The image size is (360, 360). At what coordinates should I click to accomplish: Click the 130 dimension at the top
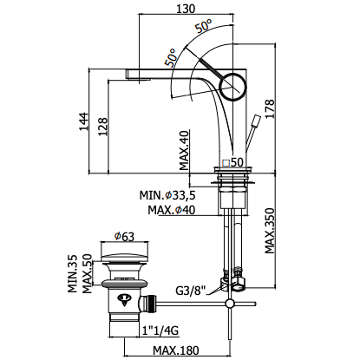click(x=185, y=9)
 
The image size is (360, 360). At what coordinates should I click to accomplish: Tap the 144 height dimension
click(x=84, y=121)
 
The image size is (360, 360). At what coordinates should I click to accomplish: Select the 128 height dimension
click(x=103, y=127)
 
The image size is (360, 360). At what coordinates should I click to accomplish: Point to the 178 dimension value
click(x=270, y=108)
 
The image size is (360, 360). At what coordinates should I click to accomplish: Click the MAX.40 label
click(x=184, y=150)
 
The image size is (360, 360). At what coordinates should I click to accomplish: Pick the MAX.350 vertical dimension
click(x=270, y=231)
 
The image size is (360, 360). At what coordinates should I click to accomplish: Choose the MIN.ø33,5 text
click(x=167, y=195)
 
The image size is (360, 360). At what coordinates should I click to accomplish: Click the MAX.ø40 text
click(x=172, y=210)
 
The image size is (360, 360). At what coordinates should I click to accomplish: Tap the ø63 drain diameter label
click(x=124, y=237)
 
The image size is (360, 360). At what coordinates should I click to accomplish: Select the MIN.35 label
click(x=73, y=273)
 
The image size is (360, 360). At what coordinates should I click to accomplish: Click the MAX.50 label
click(x=87, y=273)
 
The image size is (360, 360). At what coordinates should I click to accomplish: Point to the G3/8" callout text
click(x=191, y=290)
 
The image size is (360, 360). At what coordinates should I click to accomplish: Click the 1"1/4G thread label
click(x=160, y=330)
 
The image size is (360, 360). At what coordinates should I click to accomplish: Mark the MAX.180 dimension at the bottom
click(x=176, y=350)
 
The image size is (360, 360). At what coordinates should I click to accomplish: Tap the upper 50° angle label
click(x=203, y=26)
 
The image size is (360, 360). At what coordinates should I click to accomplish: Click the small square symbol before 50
click(x=226, y=163)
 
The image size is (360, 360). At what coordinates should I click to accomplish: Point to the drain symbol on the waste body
click(x=124, y=299)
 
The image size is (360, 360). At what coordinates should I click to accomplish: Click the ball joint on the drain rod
click(x=230, y=304)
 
